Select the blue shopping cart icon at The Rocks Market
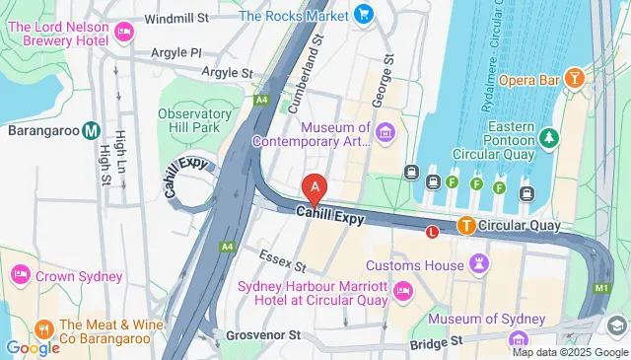364,15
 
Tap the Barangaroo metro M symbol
91,129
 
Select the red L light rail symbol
431,232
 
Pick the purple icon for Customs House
478,264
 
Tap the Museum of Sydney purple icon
519,338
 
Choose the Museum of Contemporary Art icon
385,132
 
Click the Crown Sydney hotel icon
20,275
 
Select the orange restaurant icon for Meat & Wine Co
42,326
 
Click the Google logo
33,347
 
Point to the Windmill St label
176,18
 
